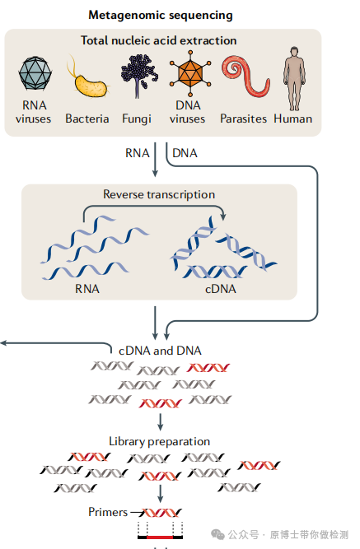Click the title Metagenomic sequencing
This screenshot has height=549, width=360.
(161, 15)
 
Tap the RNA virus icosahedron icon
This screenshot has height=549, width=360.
(35, 72)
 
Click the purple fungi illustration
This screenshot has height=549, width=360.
(139, 75)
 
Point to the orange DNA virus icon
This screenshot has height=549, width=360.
(190, 73)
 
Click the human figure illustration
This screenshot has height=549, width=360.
(294, 78)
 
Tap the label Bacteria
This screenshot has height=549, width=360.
(87, 119)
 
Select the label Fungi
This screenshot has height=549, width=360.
(137, 119)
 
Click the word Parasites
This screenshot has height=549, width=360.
(243, 119)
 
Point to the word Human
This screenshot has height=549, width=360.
(293, 119)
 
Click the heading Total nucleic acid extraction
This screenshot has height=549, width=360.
(159, 40)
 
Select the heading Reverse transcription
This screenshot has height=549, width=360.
(159, 194)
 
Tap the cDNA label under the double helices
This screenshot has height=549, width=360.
(221, 289)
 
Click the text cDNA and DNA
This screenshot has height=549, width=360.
(160, 351)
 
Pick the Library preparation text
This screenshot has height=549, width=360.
(160, 441)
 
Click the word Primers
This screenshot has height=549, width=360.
(108, 512)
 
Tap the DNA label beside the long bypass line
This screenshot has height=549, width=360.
(185, 153)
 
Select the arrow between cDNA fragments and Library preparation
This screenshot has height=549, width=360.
(160, 422)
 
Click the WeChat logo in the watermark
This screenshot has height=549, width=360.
(217, 534)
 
